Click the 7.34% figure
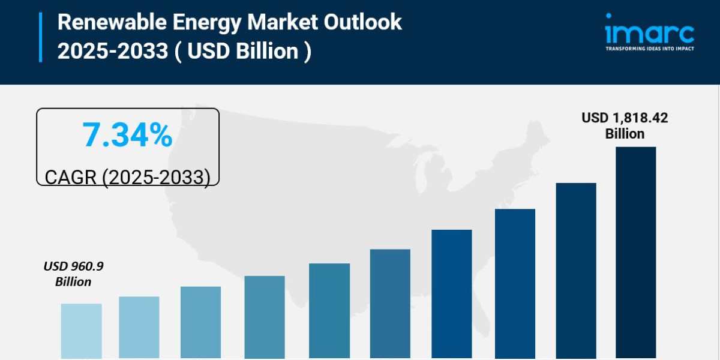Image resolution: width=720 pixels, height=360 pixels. click(128, 136)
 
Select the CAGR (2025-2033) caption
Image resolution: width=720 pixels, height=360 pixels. click(128, 176)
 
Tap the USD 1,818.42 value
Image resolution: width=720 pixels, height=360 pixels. click(625, 118)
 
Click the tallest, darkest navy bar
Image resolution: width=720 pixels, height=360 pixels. click(636, 252)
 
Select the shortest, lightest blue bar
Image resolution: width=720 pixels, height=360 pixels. click(81, 331)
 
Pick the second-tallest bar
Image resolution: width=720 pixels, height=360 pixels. click(576, 270)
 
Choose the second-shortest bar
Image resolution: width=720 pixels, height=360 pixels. click(139, 327)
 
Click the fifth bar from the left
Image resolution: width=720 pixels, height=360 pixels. click(329, 311)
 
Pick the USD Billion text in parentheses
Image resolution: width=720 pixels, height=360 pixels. click(243, 51)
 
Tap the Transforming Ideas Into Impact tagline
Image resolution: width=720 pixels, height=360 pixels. click(649, 48)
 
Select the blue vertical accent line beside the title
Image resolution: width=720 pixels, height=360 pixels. click(41, 37)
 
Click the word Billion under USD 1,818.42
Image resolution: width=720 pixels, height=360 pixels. click(625, 134)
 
